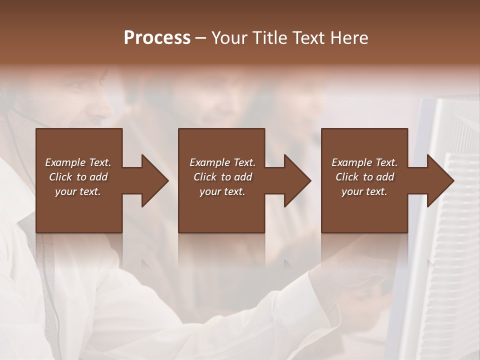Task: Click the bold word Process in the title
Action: click(157, 38)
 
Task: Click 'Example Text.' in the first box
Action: click(78, 162)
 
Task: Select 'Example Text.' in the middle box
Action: click(222, 162)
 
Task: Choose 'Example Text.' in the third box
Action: click(364, 162)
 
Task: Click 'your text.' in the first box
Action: click(78, 191)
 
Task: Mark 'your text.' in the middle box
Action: click(222, 191)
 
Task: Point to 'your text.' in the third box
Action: click(364, 191)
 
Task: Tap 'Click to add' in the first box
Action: click(78, 177)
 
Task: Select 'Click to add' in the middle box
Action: click(222, 177)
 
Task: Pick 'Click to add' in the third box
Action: click(364, 177)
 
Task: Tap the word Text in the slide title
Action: click(307, 38)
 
